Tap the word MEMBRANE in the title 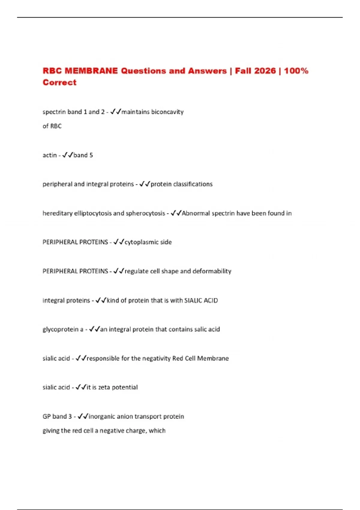(91, 71)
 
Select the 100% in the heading (296, 71)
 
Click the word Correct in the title (59, 82)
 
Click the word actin (49, 155)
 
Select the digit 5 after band (91, 155)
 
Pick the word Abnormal (196, 213)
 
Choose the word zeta (104, 387)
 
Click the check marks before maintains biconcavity (115, 112)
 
